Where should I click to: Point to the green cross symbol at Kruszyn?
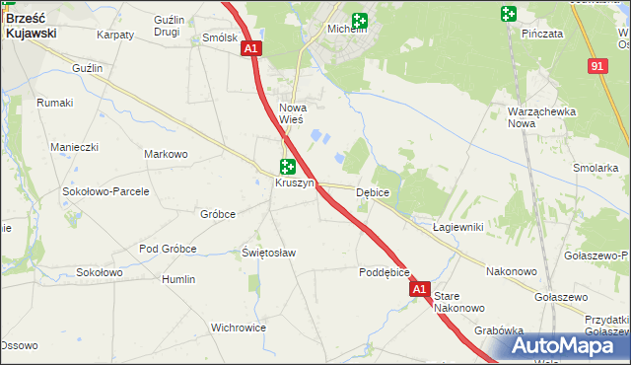287,168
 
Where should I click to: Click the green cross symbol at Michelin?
359,19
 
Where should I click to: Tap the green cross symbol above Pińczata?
508,14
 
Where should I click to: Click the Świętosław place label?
269,253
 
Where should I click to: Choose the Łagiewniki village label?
457,227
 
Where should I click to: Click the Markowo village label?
166,155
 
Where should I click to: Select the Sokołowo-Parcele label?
105,191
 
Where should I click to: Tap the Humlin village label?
178,279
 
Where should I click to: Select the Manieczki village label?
75,147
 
